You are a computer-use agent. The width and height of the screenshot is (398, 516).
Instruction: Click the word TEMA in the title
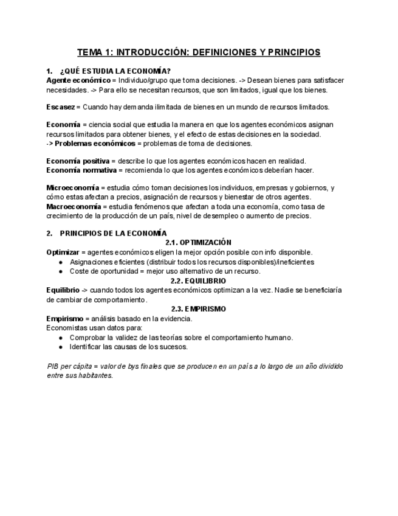click(91, 52)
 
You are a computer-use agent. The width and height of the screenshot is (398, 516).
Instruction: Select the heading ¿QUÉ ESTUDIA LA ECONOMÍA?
click(115, 71)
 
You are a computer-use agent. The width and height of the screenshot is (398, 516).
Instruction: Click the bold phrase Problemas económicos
click(95, 144)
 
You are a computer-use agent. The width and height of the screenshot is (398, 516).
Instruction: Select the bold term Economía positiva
click(78, 161)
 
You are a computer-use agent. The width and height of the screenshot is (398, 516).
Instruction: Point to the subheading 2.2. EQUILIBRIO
click(198, 281)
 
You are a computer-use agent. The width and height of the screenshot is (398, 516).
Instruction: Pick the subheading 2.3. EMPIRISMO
click(198, 309)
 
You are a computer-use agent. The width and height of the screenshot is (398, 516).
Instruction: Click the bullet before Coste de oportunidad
click(61, 271)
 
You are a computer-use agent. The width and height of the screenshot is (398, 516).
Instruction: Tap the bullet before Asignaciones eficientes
click(61, 262)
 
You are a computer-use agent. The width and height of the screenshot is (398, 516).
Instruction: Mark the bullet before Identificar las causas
click(61, 347)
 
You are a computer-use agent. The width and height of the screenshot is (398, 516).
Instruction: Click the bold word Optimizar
click(63, 252)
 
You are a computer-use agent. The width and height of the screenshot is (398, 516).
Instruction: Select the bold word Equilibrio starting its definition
click(63, 290)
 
